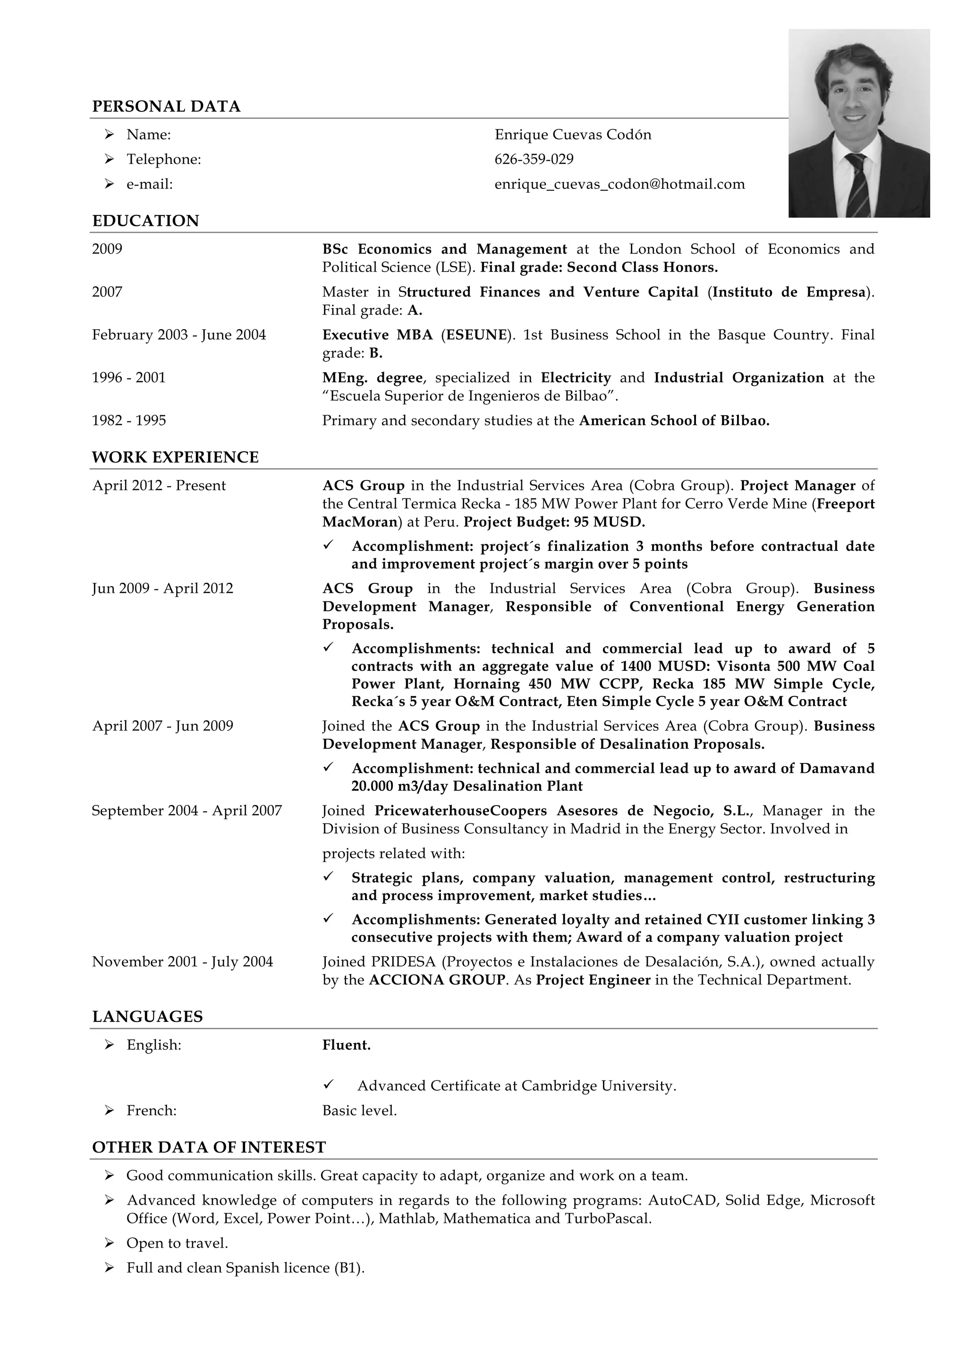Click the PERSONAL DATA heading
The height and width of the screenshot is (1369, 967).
[x=166, y=106]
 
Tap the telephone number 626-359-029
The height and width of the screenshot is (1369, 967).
[x=534, y=159]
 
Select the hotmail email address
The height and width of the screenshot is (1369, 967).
[x=619, y=184]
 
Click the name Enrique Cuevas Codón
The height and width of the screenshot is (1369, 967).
[x=573, y=135]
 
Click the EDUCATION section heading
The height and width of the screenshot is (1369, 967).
[x=145, y=221]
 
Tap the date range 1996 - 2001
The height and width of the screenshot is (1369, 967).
[x=129, y=377]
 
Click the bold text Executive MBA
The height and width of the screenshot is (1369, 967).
[x=377, y=334]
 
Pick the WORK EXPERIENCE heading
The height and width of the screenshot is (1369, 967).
[x=175, y=457]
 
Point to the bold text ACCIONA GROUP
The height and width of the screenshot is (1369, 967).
[x=437, y=980]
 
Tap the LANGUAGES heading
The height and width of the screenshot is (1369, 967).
[x=147, y=1017]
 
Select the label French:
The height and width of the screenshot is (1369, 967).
[x=152, y=1110]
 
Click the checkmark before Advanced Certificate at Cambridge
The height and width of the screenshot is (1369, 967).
[x=328, y=1085]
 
